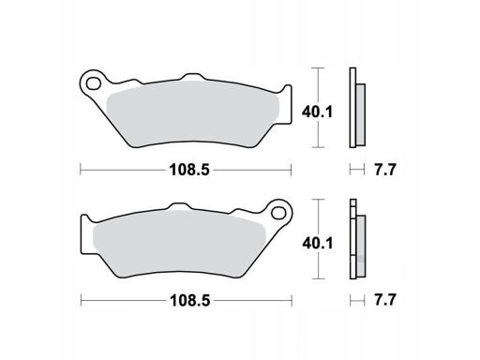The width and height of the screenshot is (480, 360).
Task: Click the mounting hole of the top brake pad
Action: click(94, 83)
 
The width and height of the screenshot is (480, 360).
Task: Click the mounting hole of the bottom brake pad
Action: click(278, 213)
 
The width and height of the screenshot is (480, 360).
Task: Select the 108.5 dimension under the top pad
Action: click(189, 171)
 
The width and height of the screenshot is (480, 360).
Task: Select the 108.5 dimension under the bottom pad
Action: click(189, 301)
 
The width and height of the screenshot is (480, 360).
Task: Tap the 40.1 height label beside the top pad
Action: click(317, 112)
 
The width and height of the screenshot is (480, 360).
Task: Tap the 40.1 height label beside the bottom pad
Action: click(318, 243)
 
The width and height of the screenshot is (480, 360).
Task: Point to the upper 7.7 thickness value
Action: click(385, 171)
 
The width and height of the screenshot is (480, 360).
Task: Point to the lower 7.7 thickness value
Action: click(385, 301)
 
